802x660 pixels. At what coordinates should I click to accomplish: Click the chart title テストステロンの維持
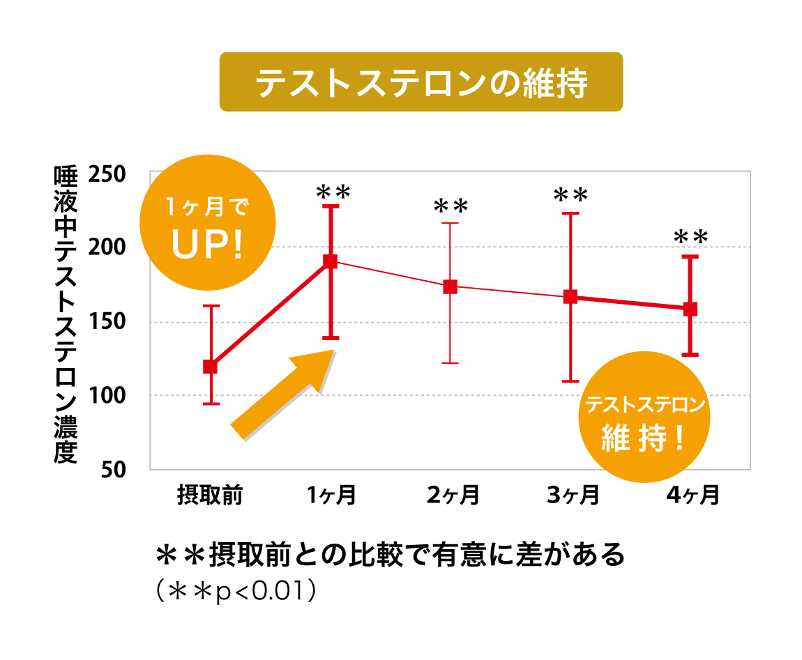pos(421,82)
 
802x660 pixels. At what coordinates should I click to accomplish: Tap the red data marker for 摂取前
pos(210,367)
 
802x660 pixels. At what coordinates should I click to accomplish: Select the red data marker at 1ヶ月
pos(331,261)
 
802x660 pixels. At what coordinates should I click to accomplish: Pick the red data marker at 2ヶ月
pos(451,286)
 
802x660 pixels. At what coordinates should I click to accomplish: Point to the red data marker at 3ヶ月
pos(570,297)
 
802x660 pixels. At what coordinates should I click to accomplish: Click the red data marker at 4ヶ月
pos(690,309)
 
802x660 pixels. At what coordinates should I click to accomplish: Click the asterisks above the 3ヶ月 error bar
pos(571,194)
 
